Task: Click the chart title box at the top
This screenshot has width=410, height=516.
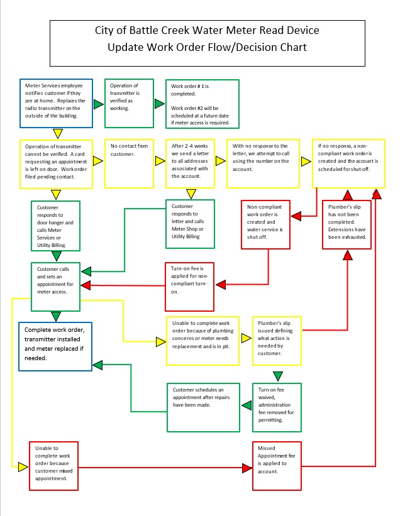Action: point(207,41)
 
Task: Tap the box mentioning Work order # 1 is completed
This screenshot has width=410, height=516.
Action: point(202,104)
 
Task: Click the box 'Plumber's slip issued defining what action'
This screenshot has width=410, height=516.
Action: point(276,340)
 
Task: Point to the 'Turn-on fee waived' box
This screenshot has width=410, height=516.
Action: point(276,407)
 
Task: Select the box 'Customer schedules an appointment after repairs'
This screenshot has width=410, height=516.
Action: point(203,407)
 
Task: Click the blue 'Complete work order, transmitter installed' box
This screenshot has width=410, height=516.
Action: point(56,346)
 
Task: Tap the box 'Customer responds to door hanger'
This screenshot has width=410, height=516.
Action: point(56,225)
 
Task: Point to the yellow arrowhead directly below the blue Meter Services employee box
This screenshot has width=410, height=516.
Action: point(57,133)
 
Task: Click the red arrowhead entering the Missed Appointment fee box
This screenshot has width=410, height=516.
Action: point(246,468)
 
